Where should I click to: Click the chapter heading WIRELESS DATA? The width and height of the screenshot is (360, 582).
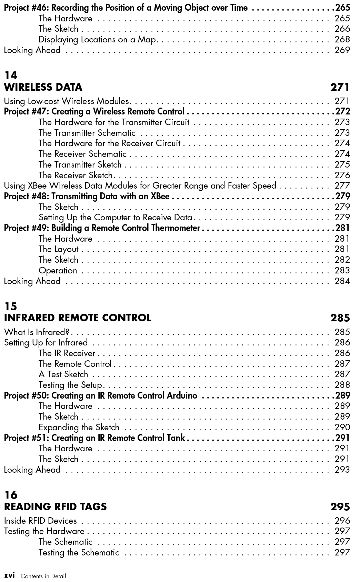coord(43,87)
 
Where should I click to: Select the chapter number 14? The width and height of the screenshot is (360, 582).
coord(10,75)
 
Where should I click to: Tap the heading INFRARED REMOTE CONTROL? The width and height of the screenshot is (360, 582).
coord(78,318)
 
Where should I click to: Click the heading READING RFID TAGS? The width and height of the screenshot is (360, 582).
coord(55,507)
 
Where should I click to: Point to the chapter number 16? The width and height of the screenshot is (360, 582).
coord(10,495)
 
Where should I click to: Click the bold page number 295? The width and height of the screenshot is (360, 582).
coord(340,507)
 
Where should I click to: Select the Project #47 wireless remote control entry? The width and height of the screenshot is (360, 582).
coord(94,112)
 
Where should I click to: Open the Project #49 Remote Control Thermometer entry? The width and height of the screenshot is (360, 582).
coord(102,228)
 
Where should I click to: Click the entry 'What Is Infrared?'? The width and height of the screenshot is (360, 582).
coord(37,332)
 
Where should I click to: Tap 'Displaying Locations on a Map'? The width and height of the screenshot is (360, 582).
coord(98,40)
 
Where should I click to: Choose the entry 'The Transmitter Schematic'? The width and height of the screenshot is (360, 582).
coord(87,133)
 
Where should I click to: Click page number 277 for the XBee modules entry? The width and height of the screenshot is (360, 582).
coord(342,186)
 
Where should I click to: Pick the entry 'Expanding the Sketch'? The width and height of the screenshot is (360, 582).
coord(79,428)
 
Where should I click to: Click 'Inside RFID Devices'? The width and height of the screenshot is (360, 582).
coord(40,521)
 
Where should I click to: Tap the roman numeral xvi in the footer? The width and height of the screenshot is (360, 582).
coord(9,576)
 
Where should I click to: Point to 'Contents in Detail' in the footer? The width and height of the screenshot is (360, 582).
coord(43,576)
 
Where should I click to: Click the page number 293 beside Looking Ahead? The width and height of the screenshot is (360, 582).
coord(342,470)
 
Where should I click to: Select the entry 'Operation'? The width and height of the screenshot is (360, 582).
coord(58,271)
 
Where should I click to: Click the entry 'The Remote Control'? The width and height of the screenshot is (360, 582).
coord(75,364)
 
